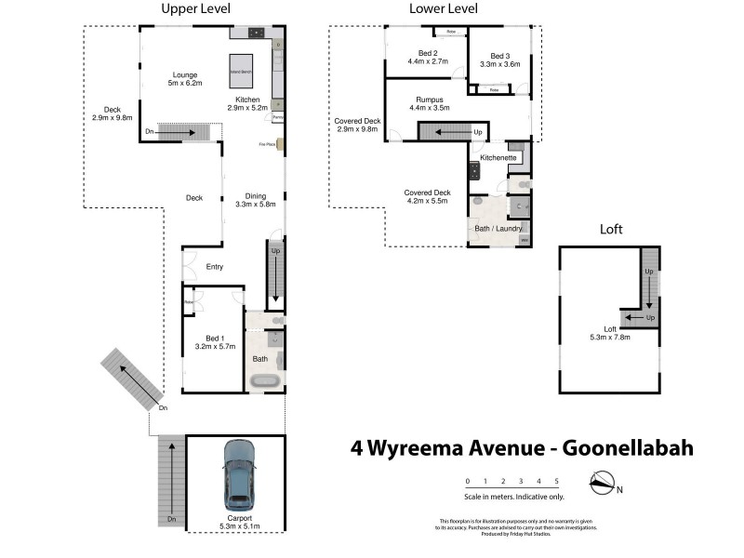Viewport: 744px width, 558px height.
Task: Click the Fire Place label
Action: coord(267,144)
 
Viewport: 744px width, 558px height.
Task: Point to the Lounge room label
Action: coord(184,78)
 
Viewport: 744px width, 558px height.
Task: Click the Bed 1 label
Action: coord(213,339)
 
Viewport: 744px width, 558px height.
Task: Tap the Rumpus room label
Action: coord(429,102)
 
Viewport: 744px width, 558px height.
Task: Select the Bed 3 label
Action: coord(499,59)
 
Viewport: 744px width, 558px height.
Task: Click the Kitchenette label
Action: coord(498,158)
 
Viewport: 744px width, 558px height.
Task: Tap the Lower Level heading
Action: coord(444,9)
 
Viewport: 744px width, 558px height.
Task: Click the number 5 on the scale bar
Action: coord(556,481)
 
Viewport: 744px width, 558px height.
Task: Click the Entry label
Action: coord(215,267)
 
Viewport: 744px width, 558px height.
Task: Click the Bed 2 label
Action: coord(428,56)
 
